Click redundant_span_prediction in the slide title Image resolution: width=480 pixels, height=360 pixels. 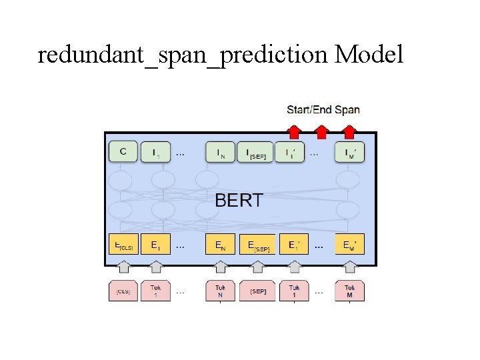tap(183, 56)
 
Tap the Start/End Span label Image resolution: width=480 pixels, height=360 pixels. tap(323, 109)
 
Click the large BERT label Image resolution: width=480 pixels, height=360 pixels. tap(239, 200)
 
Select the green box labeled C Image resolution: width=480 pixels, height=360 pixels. tap(123, 152)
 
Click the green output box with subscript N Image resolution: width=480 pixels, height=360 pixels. tap(220, 152)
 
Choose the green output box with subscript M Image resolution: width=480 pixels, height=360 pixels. tap(350, 152)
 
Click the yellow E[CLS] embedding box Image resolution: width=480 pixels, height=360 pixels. tap(123, 245)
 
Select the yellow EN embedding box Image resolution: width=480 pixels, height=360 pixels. tap(220, 245)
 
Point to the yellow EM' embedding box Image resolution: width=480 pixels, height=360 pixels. tap(350, 245)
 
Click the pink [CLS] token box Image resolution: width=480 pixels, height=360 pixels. tap(123, 291)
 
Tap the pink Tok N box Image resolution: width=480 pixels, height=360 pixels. tap(220, 291)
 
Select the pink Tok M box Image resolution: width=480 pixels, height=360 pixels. tap(350, 291)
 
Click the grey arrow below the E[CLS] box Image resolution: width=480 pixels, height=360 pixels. tap(123, 267)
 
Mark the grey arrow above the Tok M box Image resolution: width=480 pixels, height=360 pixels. tap(350, 267)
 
